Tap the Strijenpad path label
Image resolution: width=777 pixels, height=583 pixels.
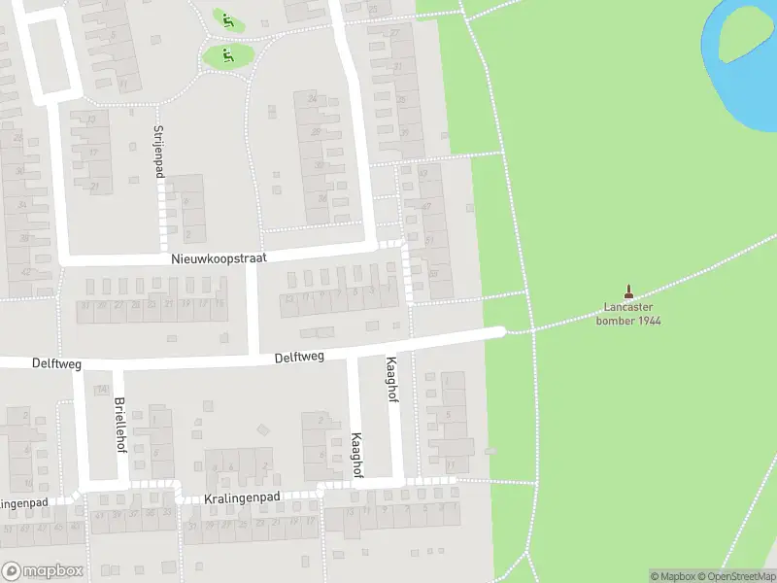[x=159, y=152]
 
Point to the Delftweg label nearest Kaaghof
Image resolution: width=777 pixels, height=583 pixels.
[x=298, y=357]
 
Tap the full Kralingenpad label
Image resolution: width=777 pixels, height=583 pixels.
[x=243, y=497]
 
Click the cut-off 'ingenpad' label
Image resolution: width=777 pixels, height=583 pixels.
[x=25, y=503]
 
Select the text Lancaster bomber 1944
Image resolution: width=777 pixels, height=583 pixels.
[x=628, y=314]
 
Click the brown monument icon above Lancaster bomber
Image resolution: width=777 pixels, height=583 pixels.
[x=628, y=290]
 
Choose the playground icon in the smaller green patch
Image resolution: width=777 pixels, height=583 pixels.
[x=227, y=19]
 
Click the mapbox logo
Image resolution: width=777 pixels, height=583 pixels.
[x=43, y=571]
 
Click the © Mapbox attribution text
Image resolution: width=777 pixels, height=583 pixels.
[x=673, y=576]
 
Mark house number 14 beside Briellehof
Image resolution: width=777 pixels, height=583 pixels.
[x=101, y=389]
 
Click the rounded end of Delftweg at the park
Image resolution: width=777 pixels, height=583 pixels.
[x=499, y=332]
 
